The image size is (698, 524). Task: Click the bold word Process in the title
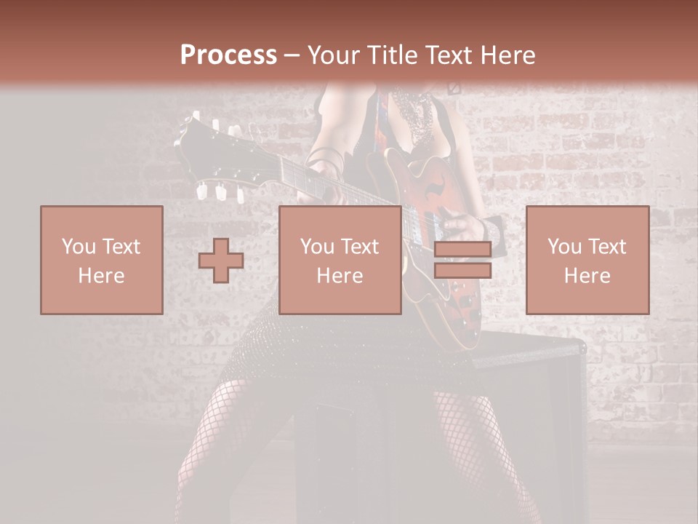(228, 55)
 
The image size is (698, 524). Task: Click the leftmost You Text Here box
(101, 260)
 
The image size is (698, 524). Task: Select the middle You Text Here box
(340, 260)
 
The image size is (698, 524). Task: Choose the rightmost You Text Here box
(587, 260)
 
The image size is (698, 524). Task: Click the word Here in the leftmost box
(101, 275)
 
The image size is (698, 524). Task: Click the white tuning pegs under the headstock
(218, 192)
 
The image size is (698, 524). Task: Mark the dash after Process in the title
(292, 55)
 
